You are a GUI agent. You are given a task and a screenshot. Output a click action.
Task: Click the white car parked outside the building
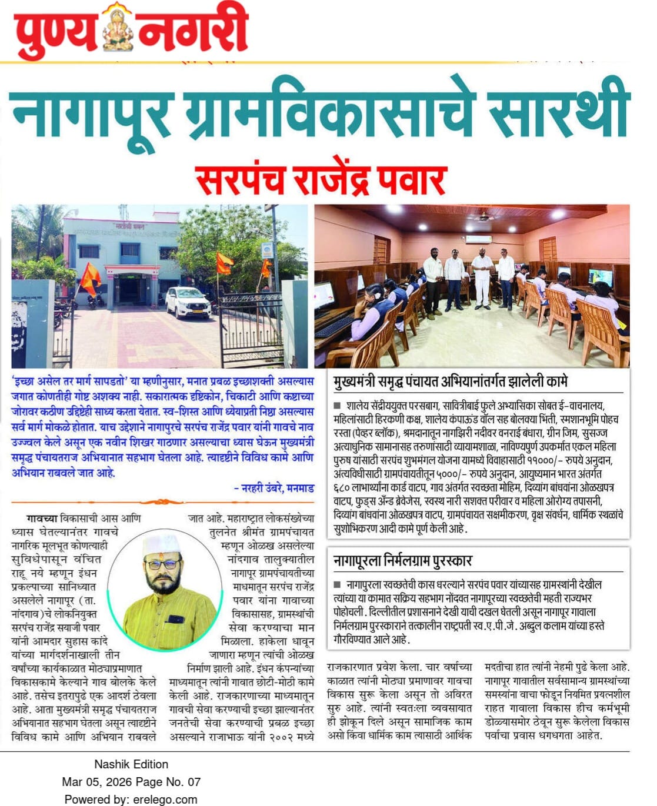(x=188, y=302)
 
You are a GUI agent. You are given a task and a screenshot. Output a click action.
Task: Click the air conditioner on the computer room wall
(x=478, y=239)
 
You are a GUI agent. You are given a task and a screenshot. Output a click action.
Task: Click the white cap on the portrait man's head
(x=160, y=544)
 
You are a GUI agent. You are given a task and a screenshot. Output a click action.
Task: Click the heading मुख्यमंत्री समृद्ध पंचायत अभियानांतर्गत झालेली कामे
(x=450, y=382)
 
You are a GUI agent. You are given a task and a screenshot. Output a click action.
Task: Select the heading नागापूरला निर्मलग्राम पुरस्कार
(x=403, y=560)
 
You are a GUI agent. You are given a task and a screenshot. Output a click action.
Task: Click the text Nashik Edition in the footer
(x=131, y=764)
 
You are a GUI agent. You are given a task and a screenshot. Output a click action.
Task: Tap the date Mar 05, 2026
(x=97, y=782)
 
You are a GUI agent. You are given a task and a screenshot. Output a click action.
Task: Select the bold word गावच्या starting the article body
(x=42, y=519)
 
